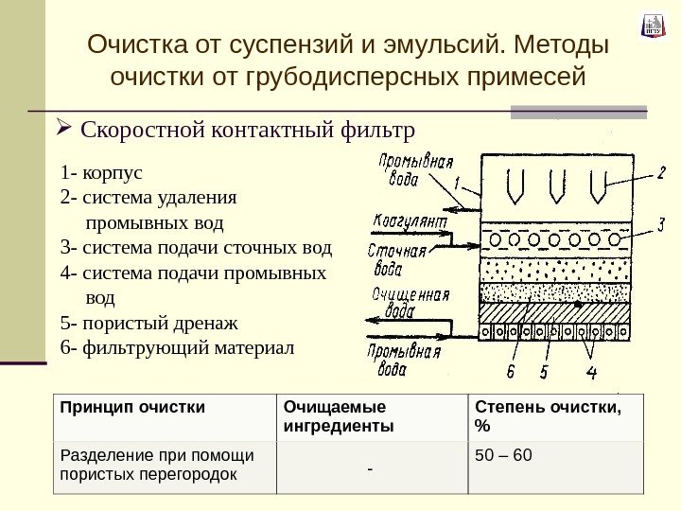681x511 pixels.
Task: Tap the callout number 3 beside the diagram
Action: (661, 224)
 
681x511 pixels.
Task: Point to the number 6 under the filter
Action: (511, 370)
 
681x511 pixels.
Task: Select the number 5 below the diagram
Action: (544, 370)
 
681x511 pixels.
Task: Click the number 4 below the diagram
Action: (591, 370)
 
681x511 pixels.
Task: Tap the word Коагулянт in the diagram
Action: (408, 220)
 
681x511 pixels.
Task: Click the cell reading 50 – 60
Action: (504, 458)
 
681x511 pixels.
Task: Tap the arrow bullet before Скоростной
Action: (65, 127)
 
